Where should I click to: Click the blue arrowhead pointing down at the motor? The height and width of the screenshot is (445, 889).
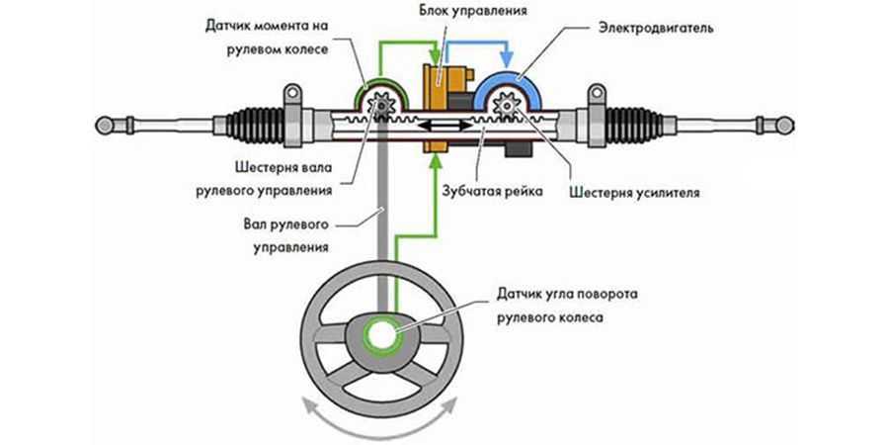click(x=511, y=60)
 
